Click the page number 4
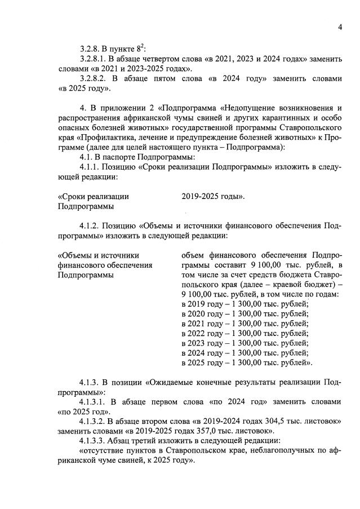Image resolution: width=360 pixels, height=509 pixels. [341, 27]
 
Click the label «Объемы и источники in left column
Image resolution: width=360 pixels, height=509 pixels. [99, 255]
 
